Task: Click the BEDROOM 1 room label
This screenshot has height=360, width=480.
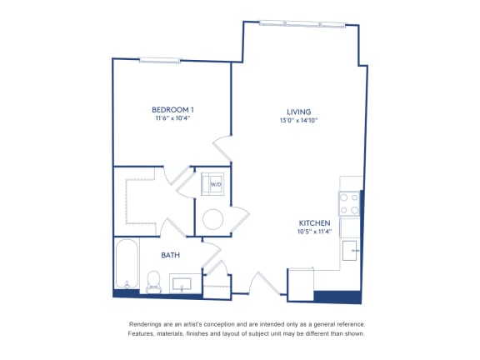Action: click(x=172, y=110)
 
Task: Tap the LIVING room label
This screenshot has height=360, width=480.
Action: click(x=299, y=112)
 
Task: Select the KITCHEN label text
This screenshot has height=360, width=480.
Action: click(x=314, y=223)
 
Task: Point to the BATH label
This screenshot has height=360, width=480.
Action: click(x=170, y=255)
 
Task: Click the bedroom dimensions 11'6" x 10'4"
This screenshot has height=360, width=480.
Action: click(x=173, y=118)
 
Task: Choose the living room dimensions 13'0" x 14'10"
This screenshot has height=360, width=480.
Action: click(x=299, y=120)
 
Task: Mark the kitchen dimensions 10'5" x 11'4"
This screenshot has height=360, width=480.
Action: click(x=314, y=232)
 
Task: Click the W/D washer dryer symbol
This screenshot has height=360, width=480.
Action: click(x=212, y=184)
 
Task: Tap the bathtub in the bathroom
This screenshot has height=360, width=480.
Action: click(x=127, y=264)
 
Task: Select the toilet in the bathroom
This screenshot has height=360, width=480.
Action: click(x=153, y=282)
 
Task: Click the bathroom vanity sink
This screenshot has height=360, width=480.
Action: click(x=182, y=284)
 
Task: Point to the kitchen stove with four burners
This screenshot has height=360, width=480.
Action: click(x=349, y=203)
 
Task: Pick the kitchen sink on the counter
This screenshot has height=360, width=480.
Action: click(x=350, y=250)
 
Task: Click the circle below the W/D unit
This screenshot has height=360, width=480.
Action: click(x=212, y=219)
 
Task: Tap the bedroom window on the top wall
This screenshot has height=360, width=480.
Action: click(x=160, y=60)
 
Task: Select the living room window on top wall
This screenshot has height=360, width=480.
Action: click(x=302, y=24)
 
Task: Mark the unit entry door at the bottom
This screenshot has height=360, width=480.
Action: click(x=265, y=283)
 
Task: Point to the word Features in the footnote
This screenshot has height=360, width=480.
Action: click(x=141, y=333)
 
